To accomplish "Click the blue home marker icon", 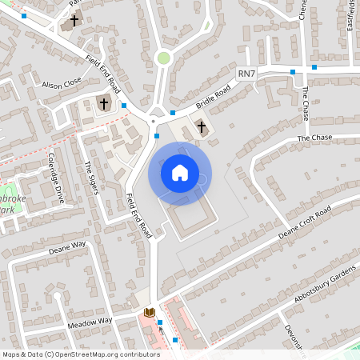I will tap(179, 173).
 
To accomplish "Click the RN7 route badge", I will tap(247, 74).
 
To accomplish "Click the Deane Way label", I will tap(67, 247).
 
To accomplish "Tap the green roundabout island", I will tap(164, 58).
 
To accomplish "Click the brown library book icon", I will tap(148, 311).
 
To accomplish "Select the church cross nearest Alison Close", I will tap(103, 103).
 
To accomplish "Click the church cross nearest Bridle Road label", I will tap(202, 127).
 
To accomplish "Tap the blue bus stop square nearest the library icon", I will tap(160, 323).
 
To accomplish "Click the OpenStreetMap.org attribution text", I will tap(105, 354).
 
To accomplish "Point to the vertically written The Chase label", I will tap(306, 105).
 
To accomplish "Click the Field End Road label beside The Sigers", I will tap(140, 215).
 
